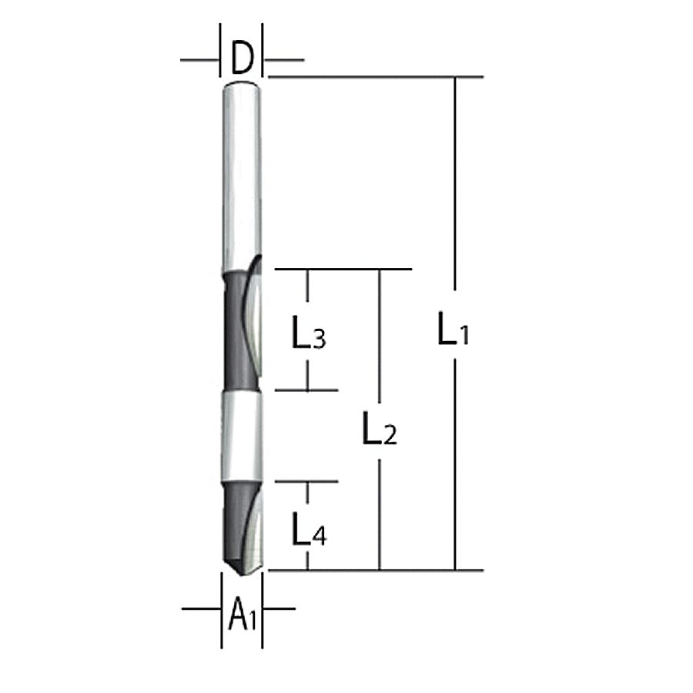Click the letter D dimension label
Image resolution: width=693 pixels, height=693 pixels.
tap(243, 58)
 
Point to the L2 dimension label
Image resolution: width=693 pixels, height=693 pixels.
tap(380, 428)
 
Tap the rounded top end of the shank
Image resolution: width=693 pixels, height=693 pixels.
tap(241, 85)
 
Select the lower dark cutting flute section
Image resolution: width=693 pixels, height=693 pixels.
tap(241, 526)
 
